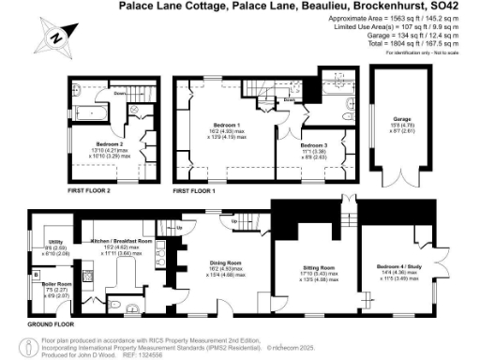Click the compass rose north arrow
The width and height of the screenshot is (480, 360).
point(52,37)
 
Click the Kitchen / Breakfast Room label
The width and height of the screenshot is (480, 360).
point(116,242)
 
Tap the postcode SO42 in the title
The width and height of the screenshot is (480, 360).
point(464,6)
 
